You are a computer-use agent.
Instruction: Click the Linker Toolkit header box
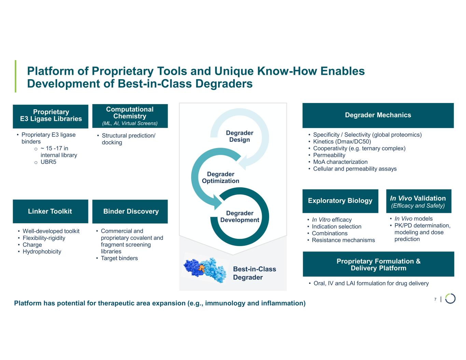pyautogui.click(x=50, y=211)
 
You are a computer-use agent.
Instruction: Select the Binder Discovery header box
pyautogui.click(x=130, y=211)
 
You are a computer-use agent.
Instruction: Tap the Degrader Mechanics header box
pyautogui.click(x=378, y=115)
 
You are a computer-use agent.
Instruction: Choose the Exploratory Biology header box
pyautogui.click(x=340, y=201)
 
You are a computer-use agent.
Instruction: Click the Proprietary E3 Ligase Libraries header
pyautogui.click(x=51, y=115)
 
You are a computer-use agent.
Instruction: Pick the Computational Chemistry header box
pyautogui.click(x=130, y=116)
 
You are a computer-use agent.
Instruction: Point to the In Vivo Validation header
pyautogui.click(x=418, y=201)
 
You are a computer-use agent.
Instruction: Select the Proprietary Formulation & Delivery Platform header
pyautogui.click(x=378, y=264)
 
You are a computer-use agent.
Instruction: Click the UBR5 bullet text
pyautogui.click(x=48, y=162)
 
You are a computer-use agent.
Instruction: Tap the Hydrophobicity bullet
pyautogui.click(x=42, y=251)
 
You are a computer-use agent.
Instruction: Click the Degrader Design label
pyautogui.click(x=239, y=136)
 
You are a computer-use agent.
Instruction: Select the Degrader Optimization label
pyautogui.click(x=221, y=177)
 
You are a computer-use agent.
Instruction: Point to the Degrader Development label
pyautogui.click(x=240, y=216)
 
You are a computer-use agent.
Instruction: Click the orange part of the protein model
pyautogui.click(x=202, y=268)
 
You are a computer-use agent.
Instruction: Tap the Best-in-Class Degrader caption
pyautogui.click(x=254, y=273)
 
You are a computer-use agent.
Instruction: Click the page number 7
pyautogui.click(x=435, y=299)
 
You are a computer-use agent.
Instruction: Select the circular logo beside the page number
pyautogui.click(x=450, y=298)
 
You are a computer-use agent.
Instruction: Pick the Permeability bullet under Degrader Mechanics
pyautogui.click(x=329, y=155)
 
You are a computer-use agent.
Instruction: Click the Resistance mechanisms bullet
pyautogui.click(x=343, y=240)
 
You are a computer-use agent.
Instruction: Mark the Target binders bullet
pyautogui.click(x=119, y=258)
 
